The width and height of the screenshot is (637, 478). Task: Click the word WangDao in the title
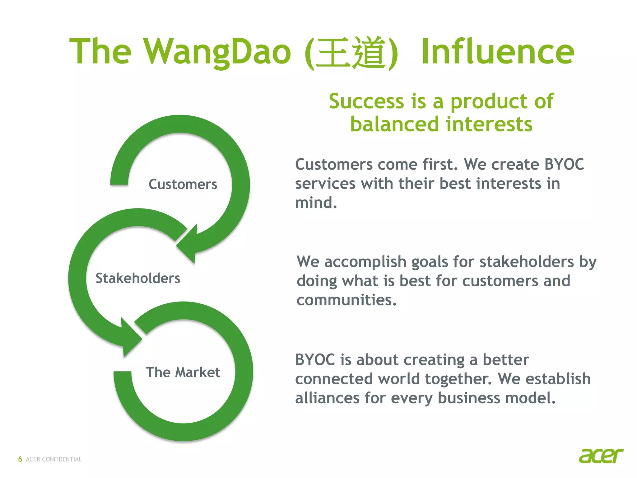[x=217, y=52]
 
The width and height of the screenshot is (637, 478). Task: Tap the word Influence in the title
[x=497, y=52]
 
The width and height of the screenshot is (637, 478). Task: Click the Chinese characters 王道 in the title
[x=351, y=52]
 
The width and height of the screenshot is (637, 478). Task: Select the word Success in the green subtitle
[x=366, y=101]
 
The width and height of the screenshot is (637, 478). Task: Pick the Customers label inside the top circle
[x=183, y=184]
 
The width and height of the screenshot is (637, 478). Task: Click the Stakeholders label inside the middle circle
[x=138, y=278]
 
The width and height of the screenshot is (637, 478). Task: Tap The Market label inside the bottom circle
[x=183, y=372]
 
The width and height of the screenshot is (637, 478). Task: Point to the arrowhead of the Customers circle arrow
[x=188, y=245]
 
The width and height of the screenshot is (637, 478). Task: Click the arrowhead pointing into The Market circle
[x=131, y=338]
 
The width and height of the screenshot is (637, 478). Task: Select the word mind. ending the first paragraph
[x=316, y=203]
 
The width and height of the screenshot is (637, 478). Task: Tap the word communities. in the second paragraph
[x=346, y=300]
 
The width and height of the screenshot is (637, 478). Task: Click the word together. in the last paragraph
[x=458, y=379]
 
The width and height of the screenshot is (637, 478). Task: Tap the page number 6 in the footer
[x=20, y=459]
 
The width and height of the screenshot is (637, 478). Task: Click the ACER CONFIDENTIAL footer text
[x=54, y=459]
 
